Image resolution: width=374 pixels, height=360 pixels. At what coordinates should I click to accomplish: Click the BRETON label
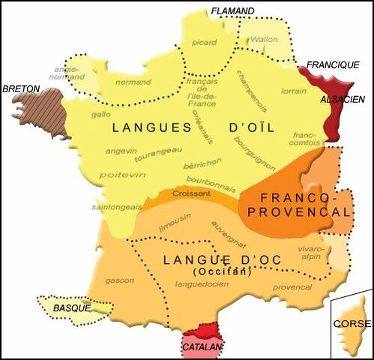[x=21, y=88]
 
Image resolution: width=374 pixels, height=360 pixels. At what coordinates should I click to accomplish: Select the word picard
[x=201, y=43]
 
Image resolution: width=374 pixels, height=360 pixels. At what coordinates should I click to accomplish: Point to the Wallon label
[x=263, y=39]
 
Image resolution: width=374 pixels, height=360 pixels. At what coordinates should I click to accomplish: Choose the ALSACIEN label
[x=343, y=99]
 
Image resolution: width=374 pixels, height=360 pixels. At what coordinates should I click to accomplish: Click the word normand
[x=134, y=82]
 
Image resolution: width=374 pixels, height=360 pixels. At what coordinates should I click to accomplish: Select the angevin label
[x=121, y=151]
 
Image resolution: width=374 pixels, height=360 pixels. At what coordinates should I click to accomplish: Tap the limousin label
[x=174, y=220]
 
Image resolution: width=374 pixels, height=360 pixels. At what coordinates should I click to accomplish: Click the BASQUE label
[x=72, y=308]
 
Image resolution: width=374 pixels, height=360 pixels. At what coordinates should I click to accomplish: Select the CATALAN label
[x=202, y=347]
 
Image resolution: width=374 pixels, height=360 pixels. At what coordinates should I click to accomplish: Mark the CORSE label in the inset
[x=352, y=324]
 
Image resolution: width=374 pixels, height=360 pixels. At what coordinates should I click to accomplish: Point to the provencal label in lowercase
[x=292, y=286]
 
